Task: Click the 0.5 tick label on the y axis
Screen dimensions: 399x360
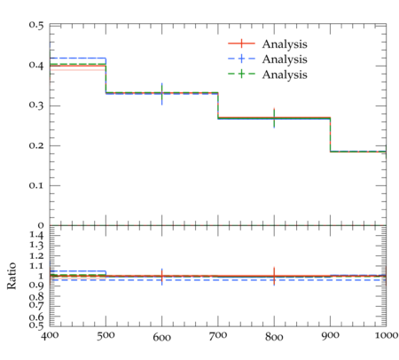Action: tap(36, 25)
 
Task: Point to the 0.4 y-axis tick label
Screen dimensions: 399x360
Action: tap(36, 65)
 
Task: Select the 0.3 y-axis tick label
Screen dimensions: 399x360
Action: tap(36, 105)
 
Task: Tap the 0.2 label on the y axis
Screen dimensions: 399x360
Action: tap(36, 145)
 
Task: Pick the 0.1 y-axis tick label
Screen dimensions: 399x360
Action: tap(36, 185)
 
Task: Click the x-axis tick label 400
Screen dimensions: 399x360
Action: tap(50, 335)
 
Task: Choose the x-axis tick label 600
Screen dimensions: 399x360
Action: tap(162, 337)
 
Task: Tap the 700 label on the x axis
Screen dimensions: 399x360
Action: tap(218, 335)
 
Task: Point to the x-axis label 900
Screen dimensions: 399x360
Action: tap(330, 335)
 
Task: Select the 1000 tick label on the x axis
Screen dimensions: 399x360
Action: tap(387, 335)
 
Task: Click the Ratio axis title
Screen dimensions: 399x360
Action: tap(12, 276)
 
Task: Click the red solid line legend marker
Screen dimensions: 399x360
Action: tap(241, 43)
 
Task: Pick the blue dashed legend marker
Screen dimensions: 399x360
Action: tap(241, 59)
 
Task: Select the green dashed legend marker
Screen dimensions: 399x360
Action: tap(241, 74)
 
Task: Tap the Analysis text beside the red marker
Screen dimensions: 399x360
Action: tap(285, 44)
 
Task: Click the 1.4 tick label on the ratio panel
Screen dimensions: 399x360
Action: tap(36, 235)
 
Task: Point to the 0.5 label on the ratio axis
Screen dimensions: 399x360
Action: tap(36, 325)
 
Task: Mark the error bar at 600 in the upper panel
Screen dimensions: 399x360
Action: tap(162, 94)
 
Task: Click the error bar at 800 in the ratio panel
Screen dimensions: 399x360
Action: tap(274, 276)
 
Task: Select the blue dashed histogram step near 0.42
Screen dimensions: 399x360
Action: tap(78, 59)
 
